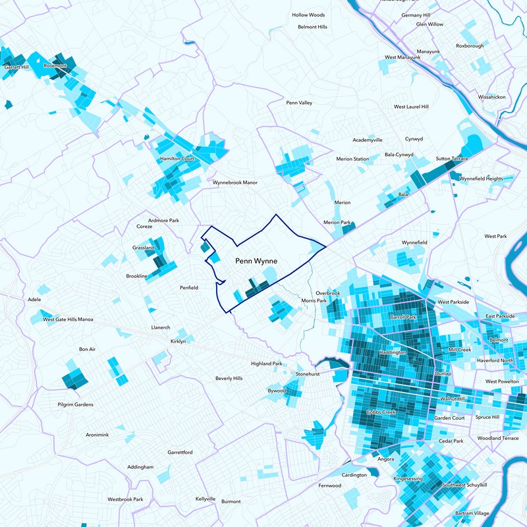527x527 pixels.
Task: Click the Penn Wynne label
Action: (256, 262)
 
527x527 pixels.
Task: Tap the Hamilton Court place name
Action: (177, 159)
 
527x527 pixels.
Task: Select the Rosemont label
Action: (55, 66)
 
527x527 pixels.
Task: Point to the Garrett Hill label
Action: (16, 67)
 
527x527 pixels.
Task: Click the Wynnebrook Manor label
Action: (235, 182)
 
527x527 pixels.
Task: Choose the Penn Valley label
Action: (299, 103)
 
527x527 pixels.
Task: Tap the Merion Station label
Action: (352, 159)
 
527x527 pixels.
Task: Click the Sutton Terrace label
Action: (452, 159)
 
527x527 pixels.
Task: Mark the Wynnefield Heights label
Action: (481, 179)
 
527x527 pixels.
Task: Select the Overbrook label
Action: (327, 292)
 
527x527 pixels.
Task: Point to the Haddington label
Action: (394, 352)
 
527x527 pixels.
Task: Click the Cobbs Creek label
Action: (379, 412)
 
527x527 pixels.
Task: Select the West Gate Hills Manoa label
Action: (68, 319)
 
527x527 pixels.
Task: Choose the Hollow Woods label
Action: (309, 14)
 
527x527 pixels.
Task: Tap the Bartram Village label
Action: (472, 513)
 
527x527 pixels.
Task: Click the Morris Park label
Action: (314, 300)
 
